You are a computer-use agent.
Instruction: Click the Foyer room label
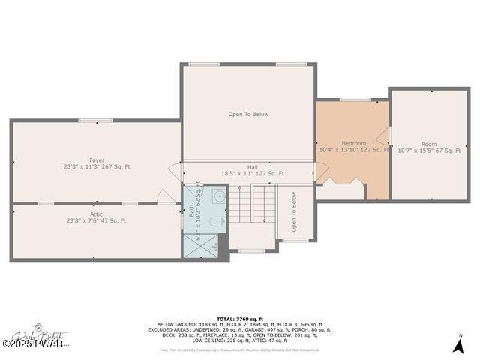(97, 160)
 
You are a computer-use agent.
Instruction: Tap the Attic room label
(97, 214)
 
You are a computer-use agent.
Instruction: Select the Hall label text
(253, 167)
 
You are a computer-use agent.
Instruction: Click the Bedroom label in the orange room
(354, 143)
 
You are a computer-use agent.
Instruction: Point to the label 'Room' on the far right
(428, 144)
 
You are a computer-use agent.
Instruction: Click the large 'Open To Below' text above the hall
(248, 115)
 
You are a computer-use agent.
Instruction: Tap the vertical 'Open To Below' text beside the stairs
(294, 211)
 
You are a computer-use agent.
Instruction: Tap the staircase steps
(252, 204)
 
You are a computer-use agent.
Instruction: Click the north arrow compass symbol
(458, 344)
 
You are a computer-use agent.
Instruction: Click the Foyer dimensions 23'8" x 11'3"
(97, 166)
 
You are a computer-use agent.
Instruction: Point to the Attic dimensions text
(96, 221)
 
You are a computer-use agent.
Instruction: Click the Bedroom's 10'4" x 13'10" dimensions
(354, 150)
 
